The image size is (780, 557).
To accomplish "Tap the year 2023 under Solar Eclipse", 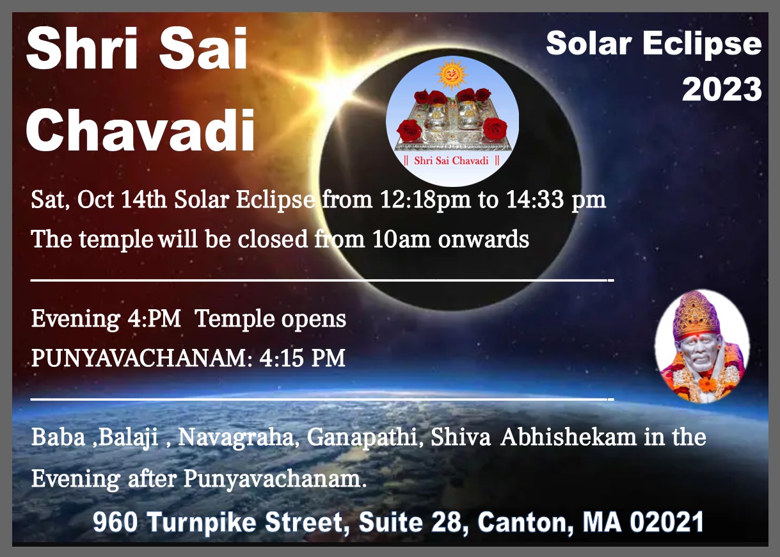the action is (722, 89).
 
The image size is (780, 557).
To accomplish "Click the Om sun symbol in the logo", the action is (452, 74).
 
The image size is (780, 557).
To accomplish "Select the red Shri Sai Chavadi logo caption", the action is (452, 161).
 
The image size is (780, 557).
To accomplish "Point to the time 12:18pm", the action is (425, 200).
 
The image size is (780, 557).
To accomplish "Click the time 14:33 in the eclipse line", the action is (534, 200).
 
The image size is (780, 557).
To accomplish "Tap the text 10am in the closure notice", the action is (401, 239).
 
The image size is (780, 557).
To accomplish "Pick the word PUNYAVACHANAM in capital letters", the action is (139, 358).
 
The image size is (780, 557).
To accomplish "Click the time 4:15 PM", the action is (302, 358).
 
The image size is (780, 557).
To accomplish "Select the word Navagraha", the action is (236, 437).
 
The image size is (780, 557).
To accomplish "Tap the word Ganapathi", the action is (362, 437).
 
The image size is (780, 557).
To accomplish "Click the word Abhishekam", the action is (568, 437).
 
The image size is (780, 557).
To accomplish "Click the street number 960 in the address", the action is (115, 522).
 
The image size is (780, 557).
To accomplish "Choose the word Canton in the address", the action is (525, 522).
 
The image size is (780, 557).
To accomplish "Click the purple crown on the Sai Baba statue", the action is (696, 315).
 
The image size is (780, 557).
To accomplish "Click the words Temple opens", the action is (271, 319).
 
